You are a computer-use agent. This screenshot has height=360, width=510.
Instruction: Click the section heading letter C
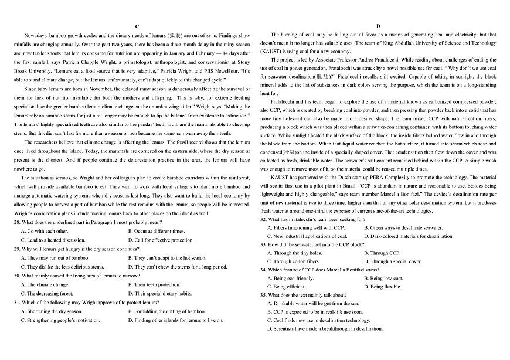[x=137, y=27]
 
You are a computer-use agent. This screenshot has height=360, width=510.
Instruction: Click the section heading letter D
[x=378, y=27]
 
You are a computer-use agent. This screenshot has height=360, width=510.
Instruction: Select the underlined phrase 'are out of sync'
[x=201, y=36]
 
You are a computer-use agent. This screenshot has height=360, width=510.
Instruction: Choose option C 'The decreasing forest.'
[x=47, y=293]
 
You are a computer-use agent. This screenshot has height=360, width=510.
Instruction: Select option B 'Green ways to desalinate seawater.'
[x=403, y=227]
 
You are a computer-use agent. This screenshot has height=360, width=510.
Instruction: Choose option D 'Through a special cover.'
[x=392, y=261]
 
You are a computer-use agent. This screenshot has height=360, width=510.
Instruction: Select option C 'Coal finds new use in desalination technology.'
[x=318, y=320]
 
